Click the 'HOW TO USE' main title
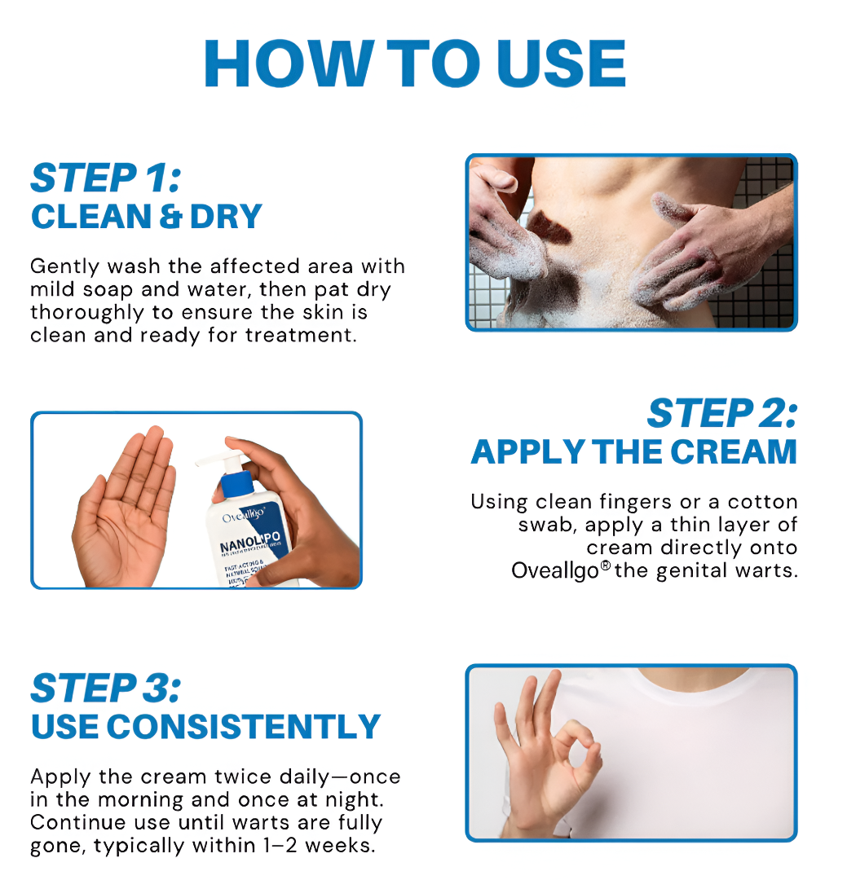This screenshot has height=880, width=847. click(x=415, y=64)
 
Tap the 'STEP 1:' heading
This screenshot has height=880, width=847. click(x=106, y=178)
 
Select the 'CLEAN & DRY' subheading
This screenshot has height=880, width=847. click(x=147, y=217)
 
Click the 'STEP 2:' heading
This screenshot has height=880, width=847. click(x=721, y=414)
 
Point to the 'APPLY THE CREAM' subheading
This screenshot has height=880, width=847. click(x=633, y=451)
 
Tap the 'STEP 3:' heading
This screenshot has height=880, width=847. click(x=106, y=689)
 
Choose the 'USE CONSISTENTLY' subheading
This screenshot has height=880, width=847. click(x=205, y=727)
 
